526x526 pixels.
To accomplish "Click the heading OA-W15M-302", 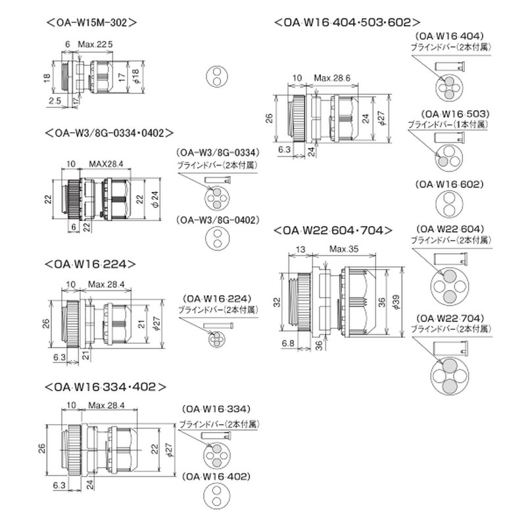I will (91, 21).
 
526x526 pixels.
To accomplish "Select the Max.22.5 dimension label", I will (96, 44).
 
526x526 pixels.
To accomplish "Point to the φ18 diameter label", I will (137, 77).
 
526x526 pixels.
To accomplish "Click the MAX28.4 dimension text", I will (107, 162).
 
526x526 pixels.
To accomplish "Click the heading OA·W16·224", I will (91, 264).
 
